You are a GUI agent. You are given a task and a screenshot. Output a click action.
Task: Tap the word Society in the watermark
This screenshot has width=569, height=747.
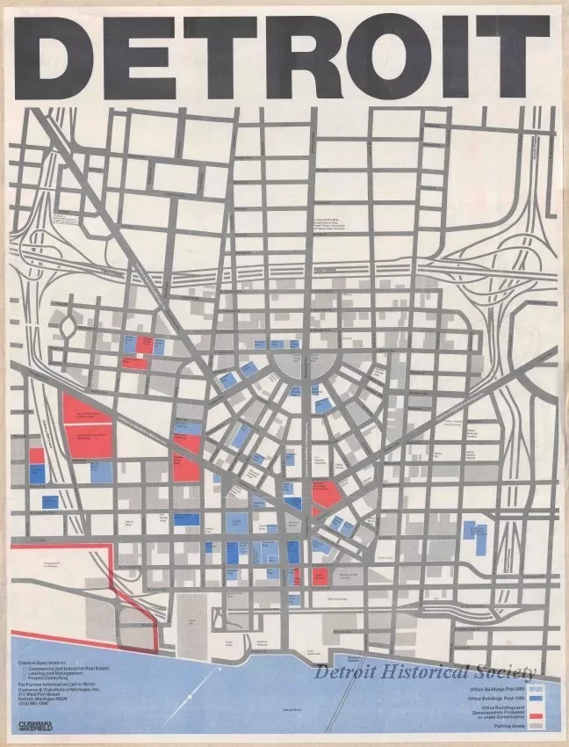pos(508,673)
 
